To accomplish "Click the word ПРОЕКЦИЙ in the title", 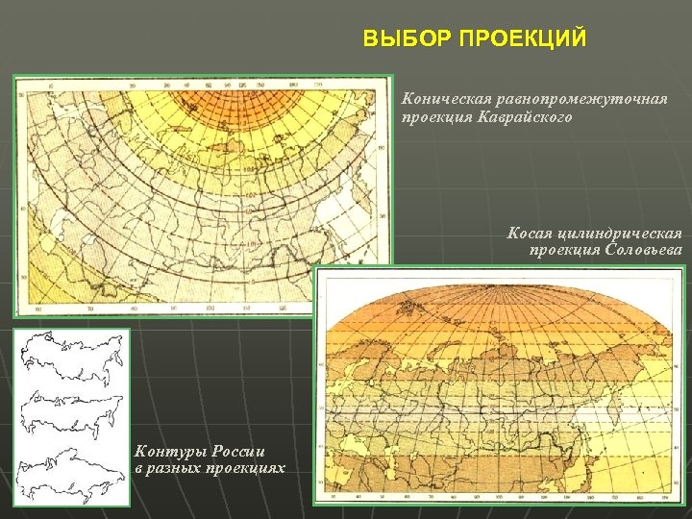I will (x=523, y=39).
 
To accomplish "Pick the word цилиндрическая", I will (x=621, y=234).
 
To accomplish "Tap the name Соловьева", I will (x=645, y=250).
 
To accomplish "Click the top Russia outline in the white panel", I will (x=72, y=351).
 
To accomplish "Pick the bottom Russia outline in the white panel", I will (x=72, y=469).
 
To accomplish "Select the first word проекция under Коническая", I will (x=437, y=118).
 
